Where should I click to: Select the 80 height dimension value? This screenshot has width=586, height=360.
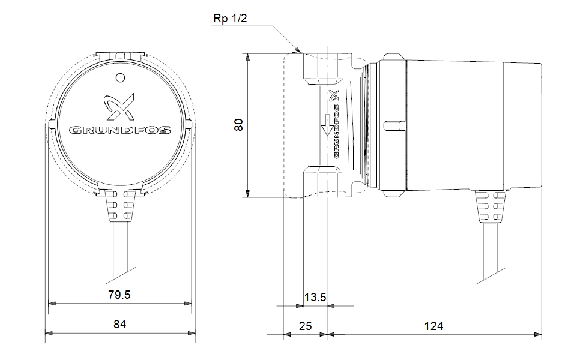coord(239,125)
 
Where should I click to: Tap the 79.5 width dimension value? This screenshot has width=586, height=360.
coord(119,295)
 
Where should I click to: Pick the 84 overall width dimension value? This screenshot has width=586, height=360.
coord(120,325)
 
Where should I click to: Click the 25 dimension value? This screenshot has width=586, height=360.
coord(305,326)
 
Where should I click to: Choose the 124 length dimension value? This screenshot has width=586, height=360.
coord(433,326)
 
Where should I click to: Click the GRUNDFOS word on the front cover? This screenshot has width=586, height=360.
coord(120,130)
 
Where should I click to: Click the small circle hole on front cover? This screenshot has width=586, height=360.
coord(119,77)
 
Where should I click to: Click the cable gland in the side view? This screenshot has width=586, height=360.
coord(490,207)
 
